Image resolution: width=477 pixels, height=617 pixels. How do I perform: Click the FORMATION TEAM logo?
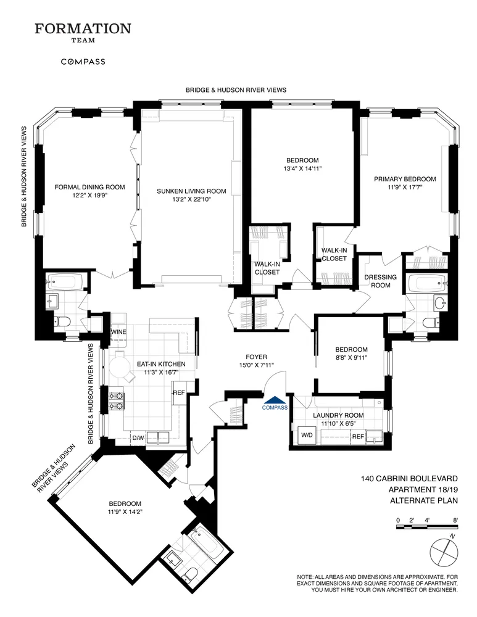pyautogui.click(x=83, y=32)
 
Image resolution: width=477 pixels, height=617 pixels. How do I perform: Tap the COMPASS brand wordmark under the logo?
pyautogui.click(x=83, y=62)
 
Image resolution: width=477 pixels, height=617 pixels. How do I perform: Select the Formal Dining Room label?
pyautogui.click(x=89, y=188)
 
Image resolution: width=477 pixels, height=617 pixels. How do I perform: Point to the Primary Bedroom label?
pyautogui.click(x=405, y=179)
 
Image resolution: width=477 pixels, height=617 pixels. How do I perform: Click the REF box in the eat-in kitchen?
pyautogui.click(x=179, y=393)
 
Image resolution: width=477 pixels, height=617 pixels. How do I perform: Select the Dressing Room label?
pyautogui.click(x=380, y=281)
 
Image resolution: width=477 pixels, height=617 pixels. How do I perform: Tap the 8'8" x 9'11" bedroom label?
pyautogui.click(x=351, y=358)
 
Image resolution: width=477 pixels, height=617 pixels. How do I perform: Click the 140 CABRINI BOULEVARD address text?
pyautogui.click(x=409, y=478)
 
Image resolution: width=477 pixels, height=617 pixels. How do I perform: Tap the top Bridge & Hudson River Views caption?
pyautogui.click(x=236, y=90)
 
